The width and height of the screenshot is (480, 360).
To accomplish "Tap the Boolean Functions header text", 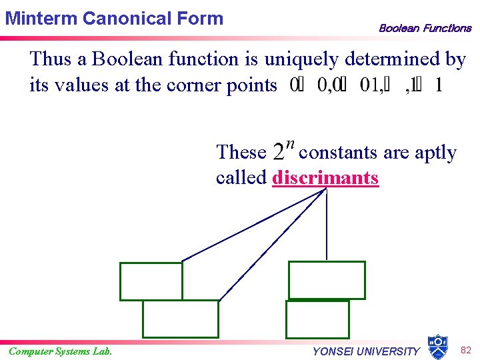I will (425, 28).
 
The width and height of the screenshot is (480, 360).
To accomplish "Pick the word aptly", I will (436, 153).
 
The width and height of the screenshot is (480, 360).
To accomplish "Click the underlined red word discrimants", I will (325, 178).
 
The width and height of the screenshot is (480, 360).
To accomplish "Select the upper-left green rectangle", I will (151, 281).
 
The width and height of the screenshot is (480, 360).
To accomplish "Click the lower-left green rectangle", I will (181, 319).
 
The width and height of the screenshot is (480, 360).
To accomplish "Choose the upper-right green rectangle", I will (327, 280).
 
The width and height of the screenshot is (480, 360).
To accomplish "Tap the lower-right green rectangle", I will (317, 319).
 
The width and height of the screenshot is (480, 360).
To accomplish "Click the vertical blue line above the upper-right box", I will (327, 227).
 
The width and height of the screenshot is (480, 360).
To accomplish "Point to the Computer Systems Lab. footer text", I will (60, 351).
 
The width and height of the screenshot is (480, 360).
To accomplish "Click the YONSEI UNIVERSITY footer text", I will (366, 351).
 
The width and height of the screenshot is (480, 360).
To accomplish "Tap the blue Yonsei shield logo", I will (437, 347).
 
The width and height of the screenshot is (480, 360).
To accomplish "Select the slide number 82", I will (465, 350).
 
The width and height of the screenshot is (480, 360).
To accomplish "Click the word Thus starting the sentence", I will (51, 60).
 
